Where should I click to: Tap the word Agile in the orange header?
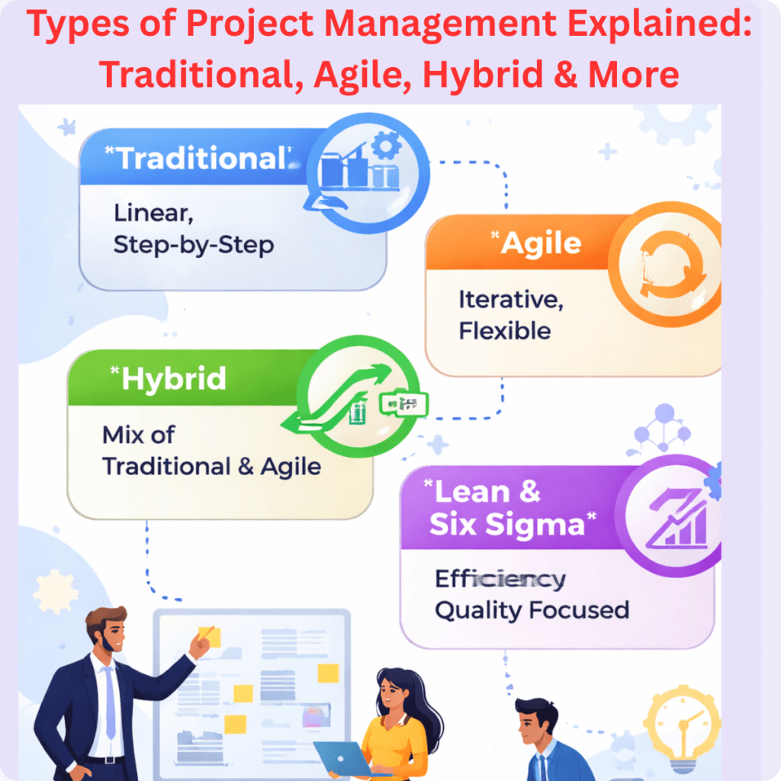click(x=542, y=244)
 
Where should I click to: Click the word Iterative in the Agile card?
click(x=510, y=300)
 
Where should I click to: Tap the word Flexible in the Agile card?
click(x=504, y=331)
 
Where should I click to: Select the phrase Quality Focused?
click(x=532, y=610)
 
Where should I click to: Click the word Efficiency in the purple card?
click(x=500, y=580)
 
